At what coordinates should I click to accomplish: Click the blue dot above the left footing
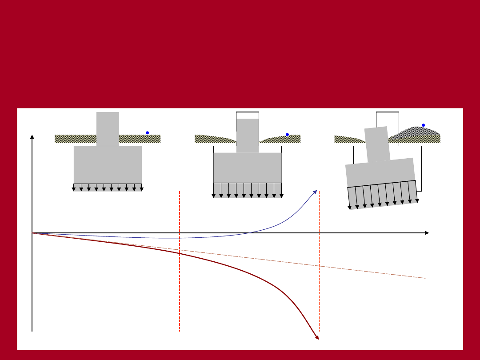point(147,132)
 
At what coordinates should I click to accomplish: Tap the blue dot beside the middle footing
point(287,134)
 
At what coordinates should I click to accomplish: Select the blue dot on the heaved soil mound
point(423,125)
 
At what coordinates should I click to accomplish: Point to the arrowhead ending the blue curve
point(315,192)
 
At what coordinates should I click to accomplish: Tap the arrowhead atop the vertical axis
point(32,137)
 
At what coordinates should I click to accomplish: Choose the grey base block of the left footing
point(108,164)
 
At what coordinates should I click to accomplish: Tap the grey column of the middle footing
point(248,135)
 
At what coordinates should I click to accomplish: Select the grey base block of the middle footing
point(248,168)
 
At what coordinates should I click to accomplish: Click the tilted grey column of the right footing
point(377,144)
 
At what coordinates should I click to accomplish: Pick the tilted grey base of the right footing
point(380,172)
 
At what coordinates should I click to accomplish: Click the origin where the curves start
point(32,233)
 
